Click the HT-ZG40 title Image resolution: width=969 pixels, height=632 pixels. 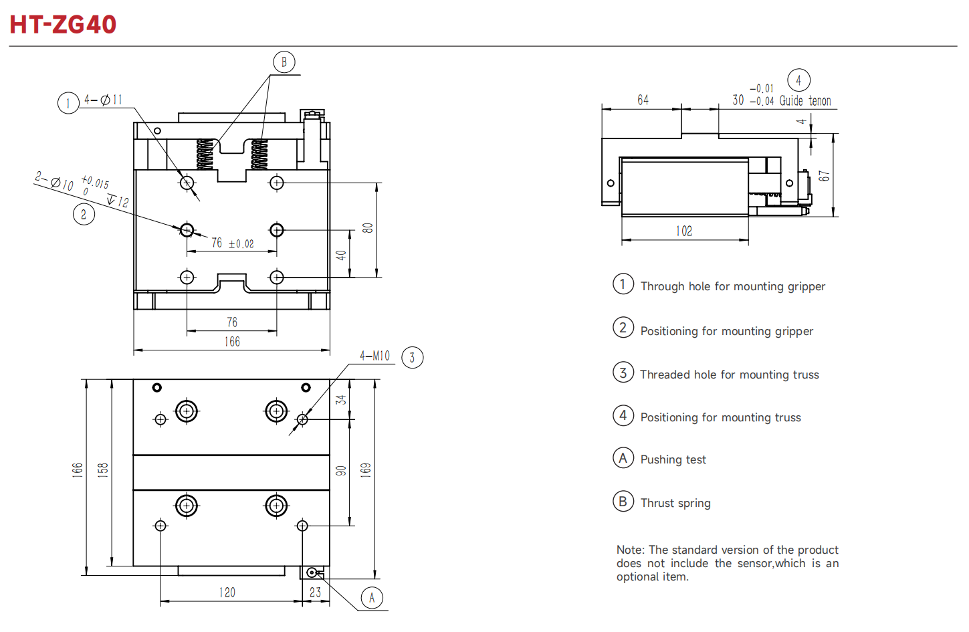63,25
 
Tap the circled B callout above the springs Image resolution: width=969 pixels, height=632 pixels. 284,62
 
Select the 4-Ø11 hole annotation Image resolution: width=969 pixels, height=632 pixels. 103,100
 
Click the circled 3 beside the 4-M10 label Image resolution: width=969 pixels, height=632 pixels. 412,358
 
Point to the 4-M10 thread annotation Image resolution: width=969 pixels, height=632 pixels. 374,356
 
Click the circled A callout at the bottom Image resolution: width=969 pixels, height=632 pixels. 372,598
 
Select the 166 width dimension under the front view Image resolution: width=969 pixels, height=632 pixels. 232,342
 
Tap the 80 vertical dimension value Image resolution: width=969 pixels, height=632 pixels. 368,228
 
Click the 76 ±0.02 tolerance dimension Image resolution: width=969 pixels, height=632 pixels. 233,243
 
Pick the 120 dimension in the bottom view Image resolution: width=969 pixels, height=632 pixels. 227,593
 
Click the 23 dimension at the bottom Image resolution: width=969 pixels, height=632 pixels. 315,593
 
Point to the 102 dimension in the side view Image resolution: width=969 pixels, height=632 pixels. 683,231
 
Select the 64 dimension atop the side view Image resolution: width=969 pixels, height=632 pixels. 643,100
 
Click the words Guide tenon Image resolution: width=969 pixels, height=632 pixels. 805,101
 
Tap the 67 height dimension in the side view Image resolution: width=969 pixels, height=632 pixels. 825,176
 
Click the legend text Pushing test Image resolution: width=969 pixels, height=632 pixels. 673,459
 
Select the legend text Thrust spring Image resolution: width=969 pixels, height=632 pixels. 675,503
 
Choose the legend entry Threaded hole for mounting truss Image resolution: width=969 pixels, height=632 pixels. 729,375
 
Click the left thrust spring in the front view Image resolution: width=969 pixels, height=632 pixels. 205,154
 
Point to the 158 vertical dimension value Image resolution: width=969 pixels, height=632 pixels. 103,469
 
